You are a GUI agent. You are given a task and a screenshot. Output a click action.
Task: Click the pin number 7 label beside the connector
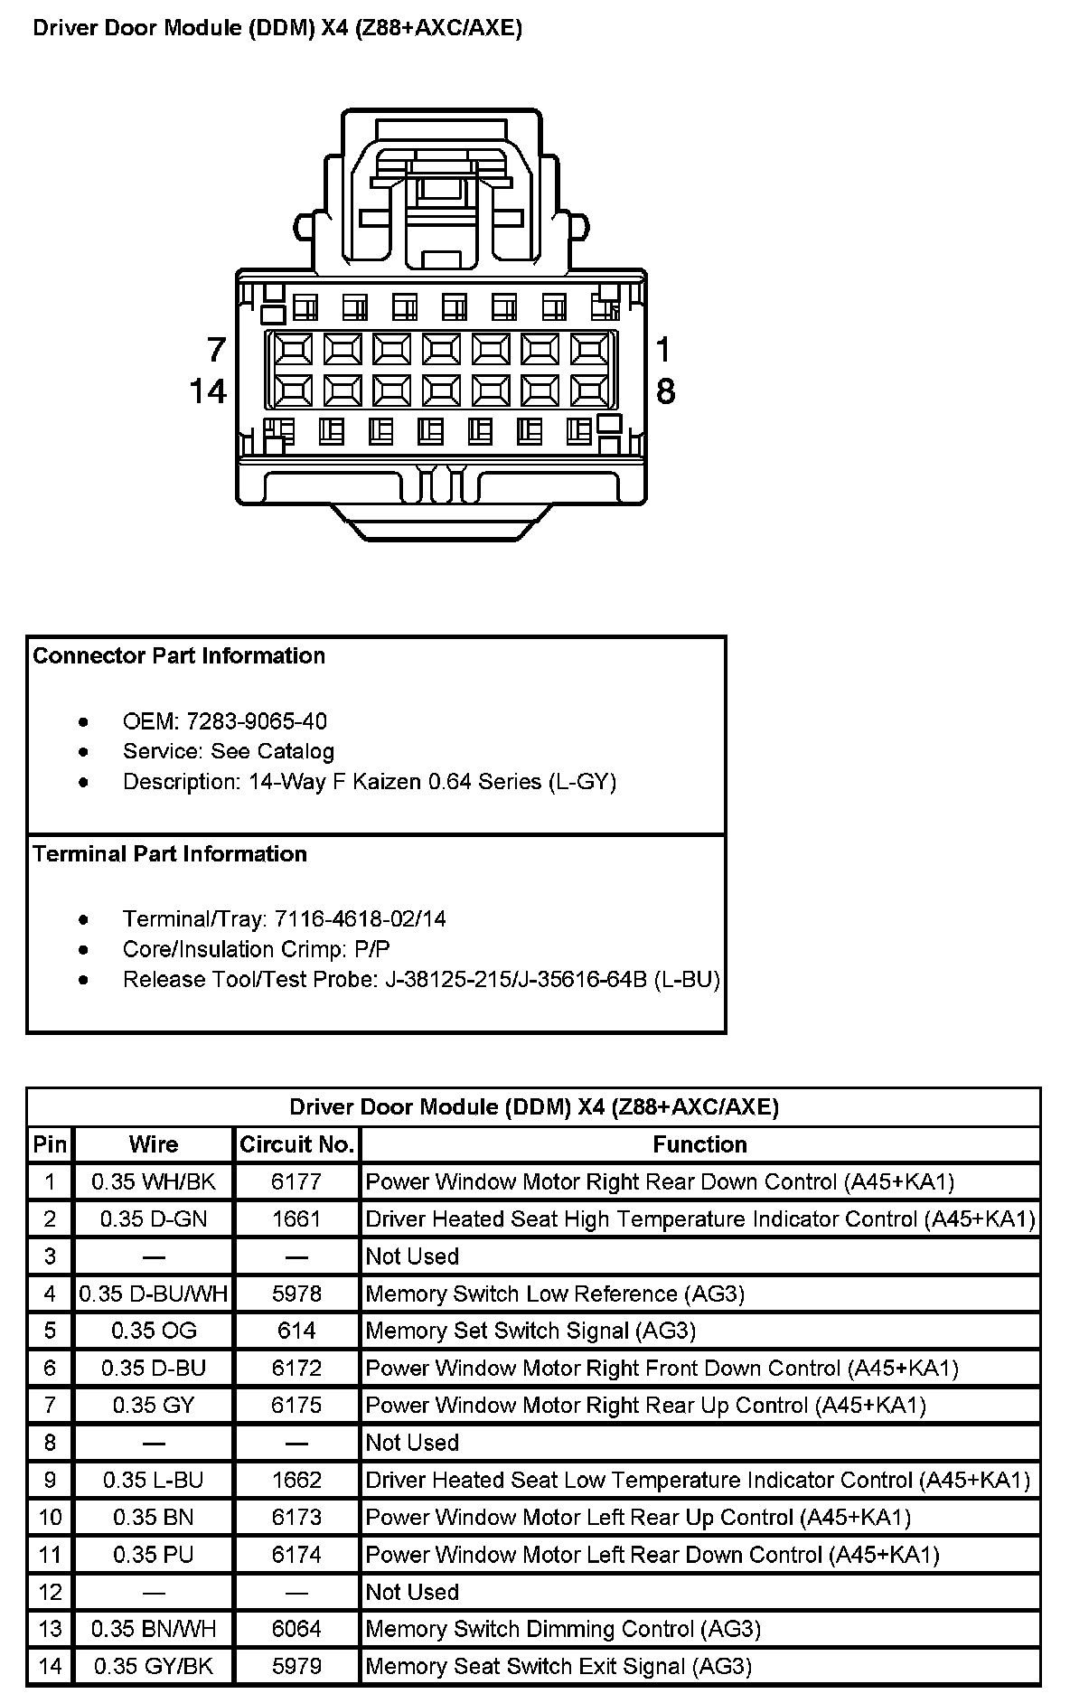(x=216, y=350)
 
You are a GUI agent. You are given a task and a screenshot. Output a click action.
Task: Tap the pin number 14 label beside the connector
(x=208, y=391)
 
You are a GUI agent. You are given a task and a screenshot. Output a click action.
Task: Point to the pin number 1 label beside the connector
(x=664, y=350)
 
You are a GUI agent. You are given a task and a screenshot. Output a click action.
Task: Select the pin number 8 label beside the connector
(x=665, y=391)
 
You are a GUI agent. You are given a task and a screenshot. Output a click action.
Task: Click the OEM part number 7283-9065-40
(x=257, y=721)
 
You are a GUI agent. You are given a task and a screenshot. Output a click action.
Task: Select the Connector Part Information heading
(x=179, y=655)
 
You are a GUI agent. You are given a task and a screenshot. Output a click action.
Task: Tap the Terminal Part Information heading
(x=170, y=854)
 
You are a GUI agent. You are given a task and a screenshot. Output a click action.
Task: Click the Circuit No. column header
(x=296, y=1145)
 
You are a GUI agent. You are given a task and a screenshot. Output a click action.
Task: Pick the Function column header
(x=699, y=1145)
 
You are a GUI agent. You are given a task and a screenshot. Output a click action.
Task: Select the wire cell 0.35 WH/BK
(x=154, y=1181)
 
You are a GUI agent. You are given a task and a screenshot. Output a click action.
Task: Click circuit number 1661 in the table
(x=296, y=1219)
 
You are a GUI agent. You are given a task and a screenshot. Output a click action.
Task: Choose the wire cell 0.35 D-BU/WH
(x=154, y=1294)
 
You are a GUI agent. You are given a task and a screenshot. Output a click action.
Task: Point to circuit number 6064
(x=296, y=1629)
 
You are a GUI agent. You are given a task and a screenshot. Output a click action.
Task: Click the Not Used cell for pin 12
(x=412, y=1592)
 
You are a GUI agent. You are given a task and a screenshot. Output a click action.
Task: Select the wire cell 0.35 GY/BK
(x=154, y=1666)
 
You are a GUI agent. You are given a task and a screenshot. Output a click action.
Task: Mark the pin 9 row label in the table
(x=50, y=1480)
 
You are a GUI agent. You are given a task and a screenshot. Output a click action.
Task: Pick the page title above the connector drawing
(x=277, y=28)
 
